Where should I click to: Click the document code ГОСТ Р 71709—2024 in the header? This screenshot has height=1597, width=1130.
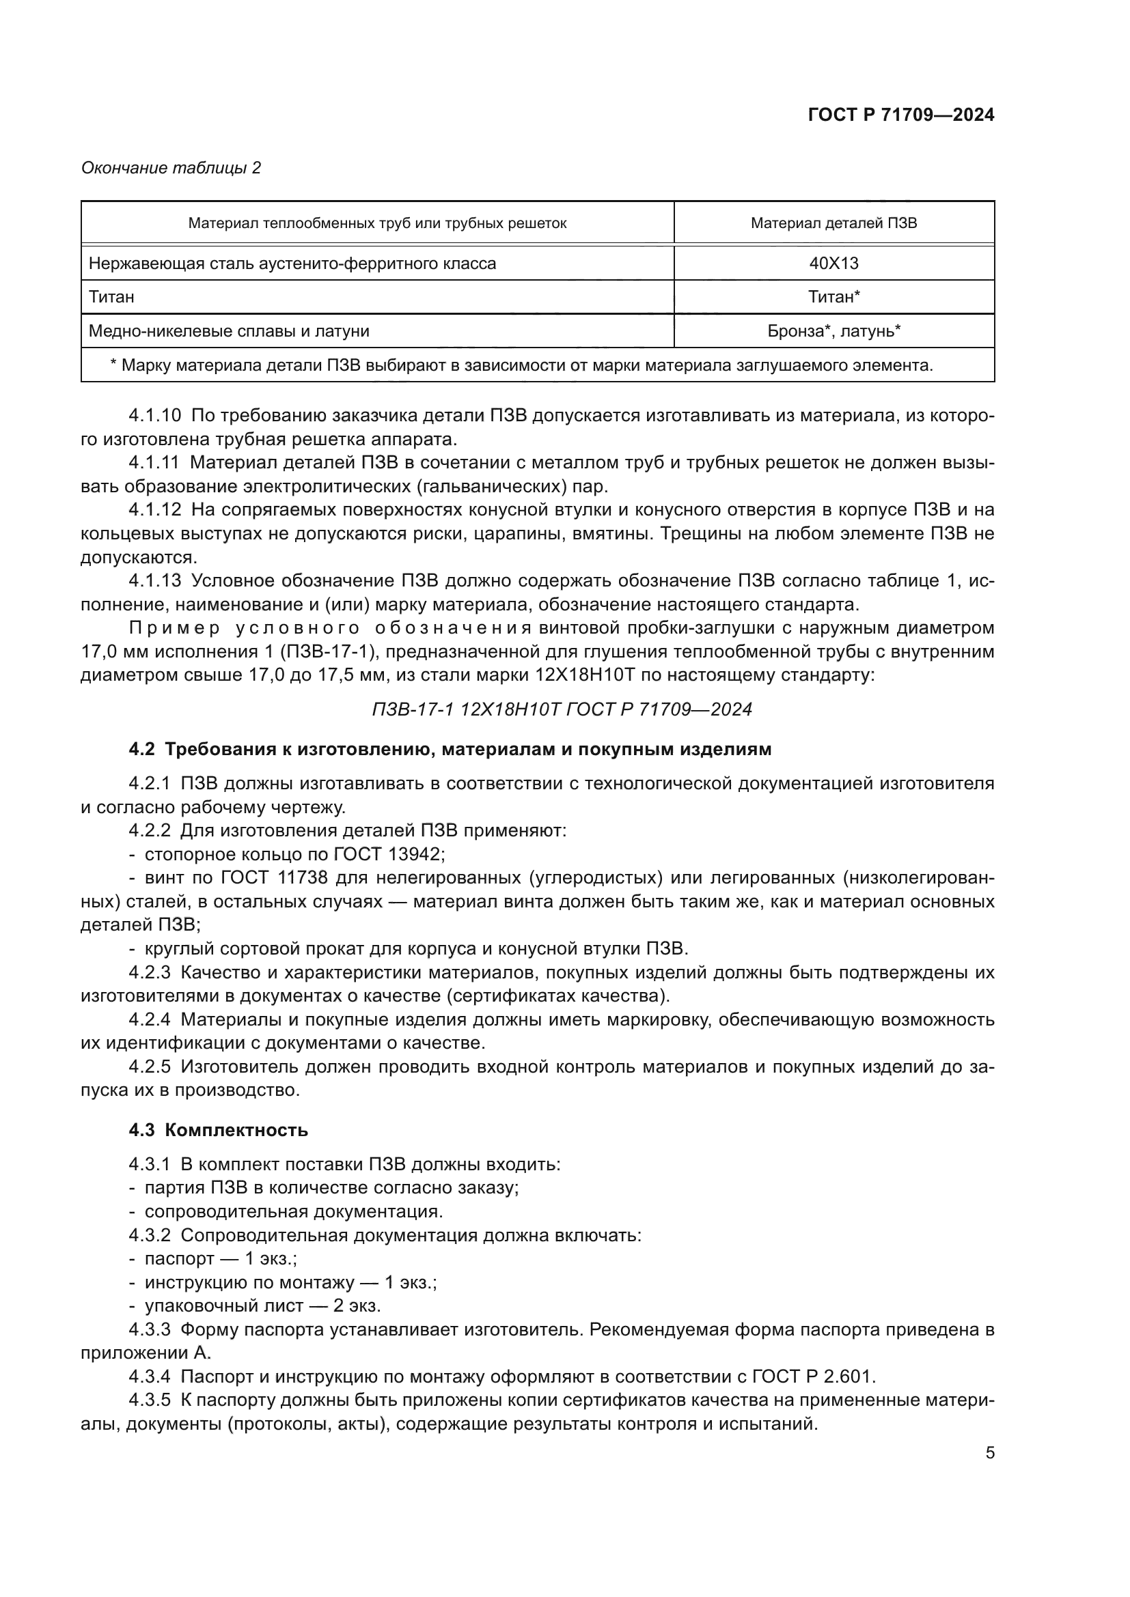(x=901, y=115)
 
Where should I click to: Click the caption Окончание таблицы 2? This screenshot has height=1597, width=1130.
(x=171, y=168)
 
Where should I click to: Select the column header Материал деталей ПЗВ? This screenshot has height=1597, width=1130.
(x=833, y=223)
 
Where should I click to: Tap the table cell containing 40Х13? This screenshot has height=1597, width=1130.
(x=833, y=264)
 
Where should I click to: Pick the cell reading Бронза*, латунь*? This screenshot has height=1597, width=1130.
(x=833, y=331)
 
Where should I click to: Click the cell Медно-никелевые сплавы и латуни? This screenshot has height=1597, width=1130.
(x=229, y=331)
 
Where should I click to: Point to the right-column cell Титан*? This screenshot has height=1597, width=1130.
(x=833, y=297)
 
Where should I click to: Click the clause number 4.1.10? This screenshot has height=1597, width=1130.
(x=154, y=416)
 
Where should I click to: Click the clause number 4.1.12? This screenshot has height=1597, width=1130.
(x=154, y=510)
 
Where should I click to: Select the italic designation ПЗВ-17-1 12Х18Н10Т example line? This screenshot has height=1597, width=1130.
(x=562, y=709)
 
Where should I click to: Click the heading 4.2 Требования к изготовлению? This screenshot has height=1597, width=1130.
(x=450, y=750)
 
